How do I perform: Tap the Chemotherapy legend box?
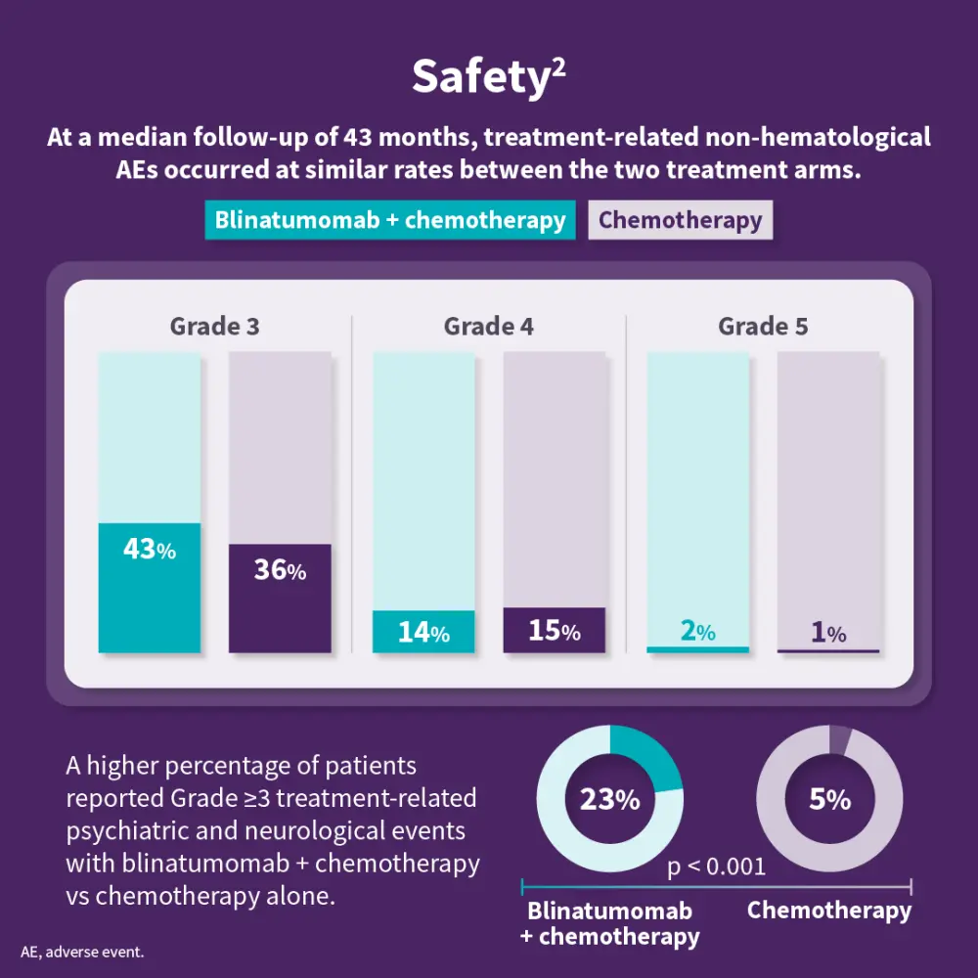(680, 220)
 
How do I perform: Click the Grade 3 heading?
(214, 327)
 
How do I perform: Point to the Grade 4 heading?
(488, 327)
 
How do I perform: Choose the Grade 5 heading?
(763, 327)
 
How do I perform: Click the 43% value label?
(150, 551)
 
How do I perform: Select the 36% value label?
(280, 571)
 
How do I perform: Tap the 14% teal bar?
(423, 632)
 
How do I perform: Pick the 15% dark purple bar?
(554, 631)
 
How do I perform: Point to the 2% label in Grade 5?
(697, 632)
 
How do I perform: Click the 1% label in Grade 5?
(828, 633)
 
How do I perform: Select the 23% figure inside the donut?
(609, 800)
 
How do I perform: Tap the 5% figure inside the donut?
(829, 800)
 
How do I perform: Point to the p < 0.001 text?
(716, 867)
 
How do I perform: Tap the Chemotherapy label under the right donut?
(828, 911)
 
